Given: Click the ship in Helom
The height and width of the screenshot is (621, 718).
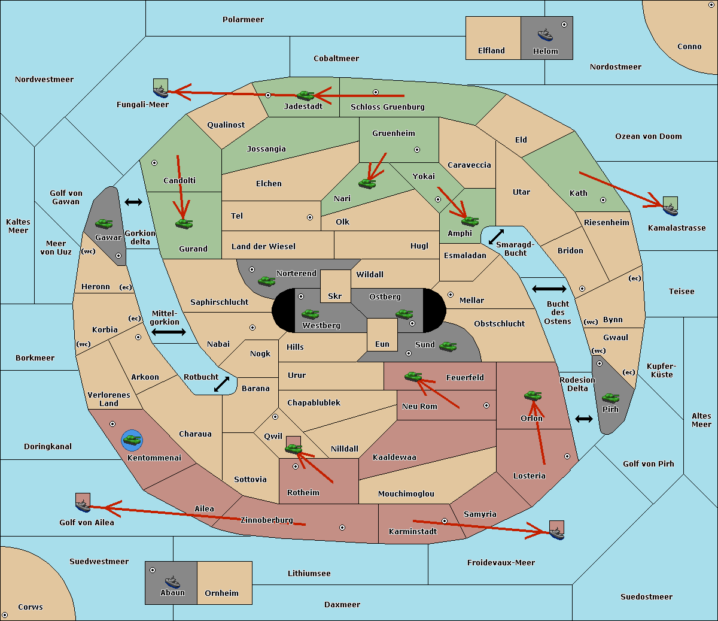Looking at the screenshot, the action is [545, 35].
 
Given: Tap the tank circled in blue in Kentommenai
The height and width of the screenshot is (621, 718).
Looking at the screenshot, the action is [132, 440].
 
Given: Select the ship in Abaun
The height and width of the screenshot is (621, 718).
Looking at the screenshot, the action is [173, 581].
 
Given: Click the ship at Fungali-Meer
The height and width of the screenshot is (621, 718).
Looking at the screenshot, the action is [160, 91].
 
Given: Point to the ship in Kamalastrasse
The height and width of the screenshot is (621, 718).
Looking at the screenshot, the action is [670, 210].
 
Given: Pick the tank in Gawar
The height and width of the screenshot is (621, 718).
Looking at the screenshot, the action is [104, 223].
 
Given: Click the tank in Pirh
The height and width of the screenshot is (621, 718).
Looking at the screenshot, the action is [610, 398].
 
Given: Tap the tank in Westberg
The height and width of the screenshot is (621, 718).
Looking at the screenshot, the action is [310, 314].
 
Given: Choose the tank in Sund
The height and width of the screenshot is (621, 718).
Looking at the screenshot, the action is [448, 346].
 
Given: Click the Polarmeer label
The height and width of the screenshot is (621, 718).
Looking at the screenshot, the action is [243, 20].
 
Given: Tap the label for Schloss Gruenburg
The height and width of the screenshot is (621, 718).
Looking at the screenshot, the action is [388, 107].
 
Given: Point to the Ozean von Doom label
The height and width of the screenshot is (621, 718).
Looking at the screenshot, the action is [649, 137].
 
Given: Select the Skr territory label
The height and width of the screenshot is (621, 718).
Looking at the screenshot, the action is [335, 296].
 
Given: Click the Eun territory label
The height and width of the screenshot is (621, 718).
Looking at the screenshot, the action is [382, 344].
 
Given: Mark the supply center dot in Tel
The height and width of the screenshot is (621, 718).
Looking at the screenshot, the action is [310, 217].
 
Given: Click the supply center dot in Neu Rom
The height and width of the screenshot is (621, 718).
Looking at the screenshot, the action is [486, 405].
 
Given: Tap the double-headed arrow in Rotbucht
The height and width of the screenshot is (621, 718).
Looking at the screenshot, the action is [221, 384].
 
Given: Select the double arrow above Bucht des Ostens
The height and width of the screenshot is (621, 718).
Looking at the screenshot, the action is [549, 289].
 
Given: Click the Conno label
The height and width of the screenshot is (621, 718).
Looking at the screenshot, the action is [689, 47].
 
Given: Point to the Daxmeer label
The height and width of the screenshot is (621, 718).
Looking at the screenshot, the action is [342, 605].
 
